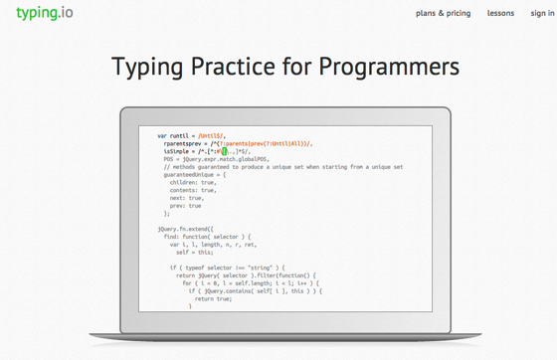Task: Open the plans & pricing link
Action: pyautogui.click(x=443, y=14)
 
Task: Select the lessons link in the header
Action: pyautogui.click(x=500, y=14)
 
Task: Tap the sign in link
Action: pyautogui.click(x=542, y=14)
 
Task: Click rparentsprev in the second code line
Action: pyautogui.click(x=187, y=143)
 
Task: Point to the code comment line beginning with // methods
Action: pyautogui.click(x=282, y=167)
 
